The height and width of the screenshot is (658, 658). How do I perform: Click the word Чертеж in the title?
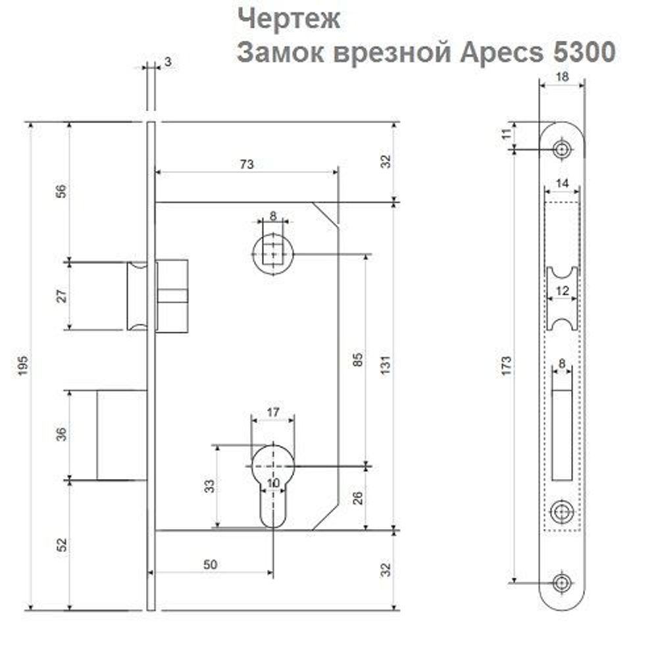pyautogui.click(x=289, y=18)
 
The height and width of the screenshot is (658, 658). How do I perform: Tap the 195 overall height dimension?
pyautogui.click(x=22, y=366)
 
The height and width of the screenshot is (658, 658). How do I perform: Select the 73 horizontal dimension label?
pyautogui.click(x=246, y=164)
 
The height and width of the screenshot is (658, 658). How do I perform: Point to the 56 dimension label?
pyautogui.click(x=60, y=191)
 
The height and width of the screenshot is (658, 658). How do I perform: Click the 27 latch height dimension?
pyautogui.click(x=60, y=295)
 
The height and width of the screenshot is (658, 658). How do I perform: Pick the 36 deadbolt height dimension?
pyautogui.click(x=60, y=435)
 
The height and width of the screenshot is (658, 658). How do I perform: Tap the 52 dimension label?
pyautogui.click(x=60, y=545)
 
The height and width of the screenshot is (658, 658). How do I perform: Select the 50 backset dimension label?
pyautogui.click(x=210, y=564)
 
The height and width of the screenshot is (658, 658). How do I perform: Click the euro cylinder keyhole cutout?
pyautogui.click(x=273, y=477)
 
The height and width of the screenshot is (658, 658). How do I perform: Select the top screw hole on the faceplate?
pyautogui.click(x=561, y=149)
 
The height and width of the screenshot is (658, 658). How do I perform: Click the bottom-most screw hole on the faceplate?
pyautogui.click(x=561, y=582)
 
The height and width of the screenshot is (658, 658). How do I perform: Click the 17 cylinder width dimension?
pyautogui.click(x=272, y=413)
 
